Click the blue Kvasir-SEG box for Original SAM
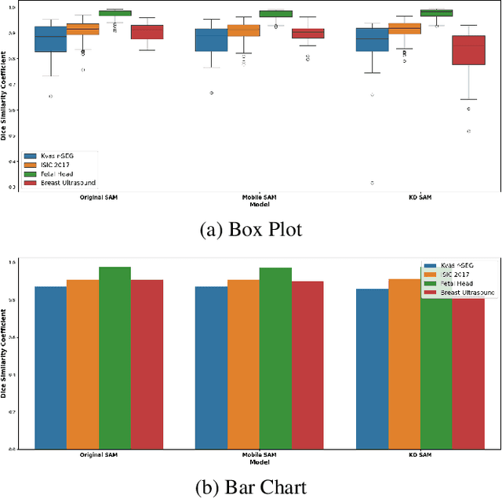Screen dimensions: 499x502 pyautogui.click(x=50, y=39)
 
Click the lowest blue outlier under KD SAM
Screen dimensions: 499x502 pyautogui.click(x=373, y=183)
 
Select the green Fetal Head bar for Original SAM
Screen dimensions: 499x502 pyautogui.click(x=115, y=358)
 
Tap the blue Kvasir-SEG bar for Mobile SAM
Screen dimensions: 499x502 pyautogui.click(x=211, y=367)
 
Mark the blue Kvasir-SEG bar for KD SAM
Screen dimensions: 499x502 pyautogui.click(x=372, y=369)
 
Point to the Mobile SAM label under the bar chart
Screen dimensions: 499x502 pyautogui.click(x=259, y=455)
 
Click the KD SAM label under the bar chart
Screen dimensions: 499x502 pyautogui.click(x=420, y=455)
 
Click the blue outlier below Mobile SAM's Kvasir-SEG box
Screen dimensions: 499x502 pyautogui.click(x=211, y=93)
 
